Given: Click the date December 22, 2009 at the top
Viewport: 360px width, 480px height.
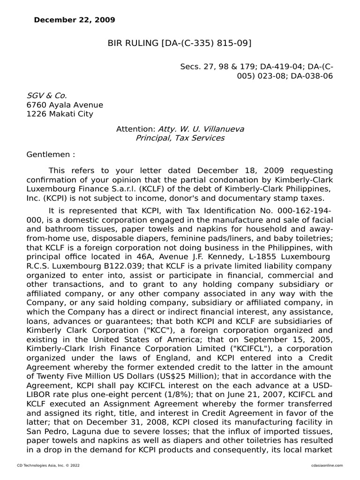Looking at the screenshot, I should (75, 20).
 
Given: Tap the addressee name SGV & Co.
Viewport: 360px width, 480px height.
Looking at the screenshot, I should (44, 95).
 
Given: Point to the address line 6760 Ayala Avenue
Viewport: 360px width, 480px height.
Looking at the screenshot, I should (65, 105).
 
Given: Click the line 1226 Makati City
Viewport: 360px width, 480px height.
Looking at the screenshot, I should (60, 114).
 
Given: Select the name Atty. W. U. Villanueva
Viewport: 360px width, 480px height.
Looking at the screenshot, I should (201, 128).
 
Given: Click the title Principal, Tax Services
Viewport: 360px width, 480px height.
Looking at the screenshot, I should (180, 138).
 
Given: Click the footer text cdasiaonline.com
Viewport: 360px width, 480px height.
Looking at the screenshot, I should (327, 465).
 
